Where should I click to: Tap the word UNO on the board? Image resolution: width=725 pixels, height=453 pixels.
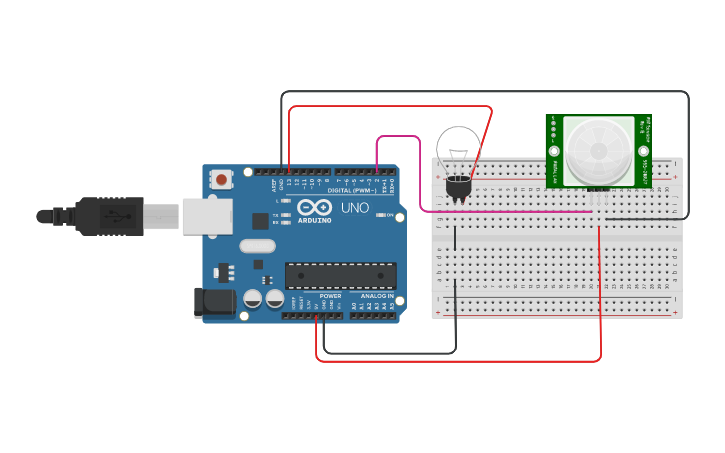[355, 208]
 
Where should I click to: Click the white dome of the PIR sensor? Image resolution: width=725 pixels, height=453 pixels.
[598, 151]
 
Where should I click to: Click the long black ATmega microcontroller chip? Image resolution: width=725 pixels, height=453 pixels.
[340, 275]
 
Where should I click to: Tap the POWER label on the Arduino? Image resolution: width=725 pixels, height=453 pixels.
[330, 296]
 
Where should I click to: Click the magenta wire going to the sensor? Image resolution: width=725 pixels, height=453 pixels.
[500, 211]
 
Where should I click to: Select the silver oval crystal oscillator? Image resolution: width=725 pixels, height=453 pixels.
[257, 246]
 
